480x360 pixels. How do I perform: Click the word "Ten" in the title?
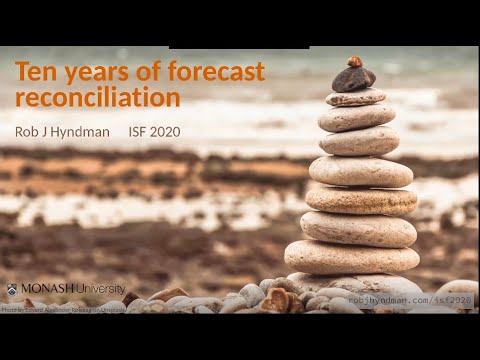pos(36,72)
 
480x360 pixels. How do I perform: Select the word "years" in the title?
pos(91,72)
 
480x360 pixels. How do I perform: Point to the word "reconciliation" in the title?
pos(98,97)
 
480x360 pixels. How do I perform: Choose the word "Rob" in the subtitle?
pos(28,131)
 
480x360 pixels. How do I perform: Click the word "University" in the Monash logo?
pos(98,289)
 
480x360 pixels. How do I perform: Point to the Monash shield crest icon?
pos(11,289)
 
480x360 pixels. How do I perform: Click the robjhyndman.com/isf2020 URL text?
pos(398,299)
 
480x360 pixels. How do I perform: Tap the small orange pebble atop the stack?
pos(354,61)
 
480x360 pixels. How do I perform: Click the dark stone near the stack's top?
pos(353,78)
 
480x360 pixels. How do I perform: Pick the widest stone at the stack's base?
pos(352,257)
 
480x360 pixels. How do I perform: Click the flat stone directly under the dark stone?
pos(355,98)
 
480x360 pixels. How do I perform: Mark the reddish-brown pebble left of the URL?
pos(274,299)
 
